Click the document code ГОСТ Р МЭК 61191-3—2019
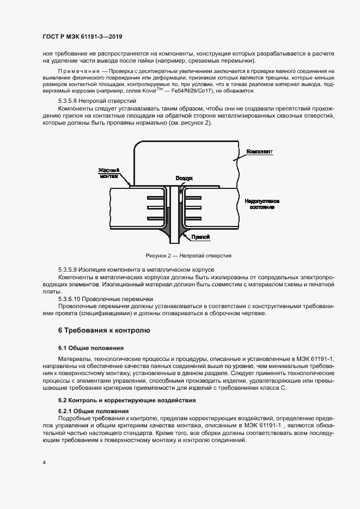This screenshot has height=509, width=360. coord(82,37)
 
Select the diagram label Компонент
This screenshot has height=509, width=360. coord(259,150)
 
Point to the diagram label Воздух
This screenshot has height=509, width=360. coord(184,178)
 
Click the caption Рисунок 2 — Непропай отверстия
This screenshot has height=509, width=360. coord(188,255)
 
